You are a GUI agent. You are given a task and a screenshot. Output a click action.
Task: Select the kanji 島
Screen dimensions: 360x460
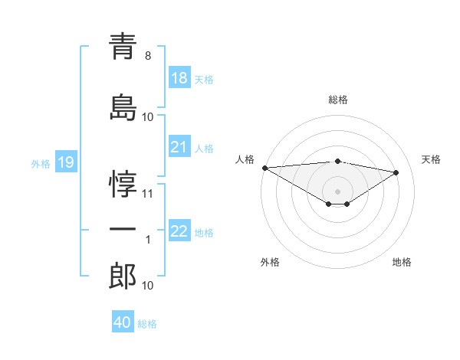click(x=123, y=107)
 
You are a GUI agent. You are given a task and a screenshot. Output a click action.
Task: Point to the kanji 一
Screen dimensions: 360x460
click(x=123, y=230)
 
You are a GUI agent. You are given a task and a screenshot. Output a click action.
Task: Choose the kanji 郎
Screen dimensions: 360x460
click(x=123, y=277)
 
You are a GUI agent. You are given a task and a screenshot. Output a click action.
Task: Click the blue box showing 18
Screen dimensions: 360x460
click(x=179, y=79)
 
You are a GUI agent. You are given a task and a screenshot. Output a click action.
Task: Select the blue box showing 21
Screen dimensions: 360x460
click(x=179, y=148)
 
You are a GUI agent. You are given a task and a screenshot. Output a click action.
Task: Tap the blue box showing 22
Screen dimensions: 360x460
click(x=179, y=232)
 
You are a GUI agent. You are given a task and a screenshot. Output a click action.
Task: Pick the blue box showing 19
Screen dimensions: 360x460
click(x=65, y=162)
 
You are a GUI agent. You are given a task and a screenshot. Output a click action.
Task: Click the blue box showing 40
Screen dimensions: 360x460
click(x=123, y=322)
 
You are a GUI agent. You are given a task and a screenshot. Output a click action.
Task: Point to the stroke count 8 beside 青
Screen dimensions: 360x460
click(x=148, y=56)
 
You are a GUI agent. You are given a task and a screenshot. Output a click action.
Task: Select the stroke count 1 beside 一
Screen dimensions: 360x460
click(x=148, y=240)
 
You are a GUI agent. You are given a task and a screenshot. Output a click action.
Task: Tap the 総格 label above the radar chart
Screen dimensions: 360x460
click(x=338, y=100)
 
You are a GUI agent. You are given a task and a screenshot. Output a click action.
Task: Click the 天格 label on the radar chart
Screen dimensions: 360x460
click(x=432, y=159)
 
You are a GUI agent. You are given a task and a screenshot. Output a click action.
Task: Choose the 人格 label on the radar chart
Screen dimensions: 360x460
click(x=245, y=159)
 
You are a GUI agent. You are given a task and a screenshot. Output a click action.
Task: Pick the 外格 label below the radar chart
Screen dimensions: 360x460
click(x=270, y=262)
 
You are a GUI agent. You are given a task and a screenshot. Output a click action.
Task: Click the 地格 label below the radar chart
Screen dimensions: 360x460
click(x=402, y=262)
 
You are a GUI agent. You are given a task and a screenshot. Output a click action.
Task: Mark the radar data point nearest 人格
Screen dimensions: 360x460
click(x=264, y=168)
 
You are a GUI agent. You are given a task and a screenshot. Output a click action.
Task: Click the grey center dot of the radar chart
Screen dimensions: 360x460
click(x=337, y=191)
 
